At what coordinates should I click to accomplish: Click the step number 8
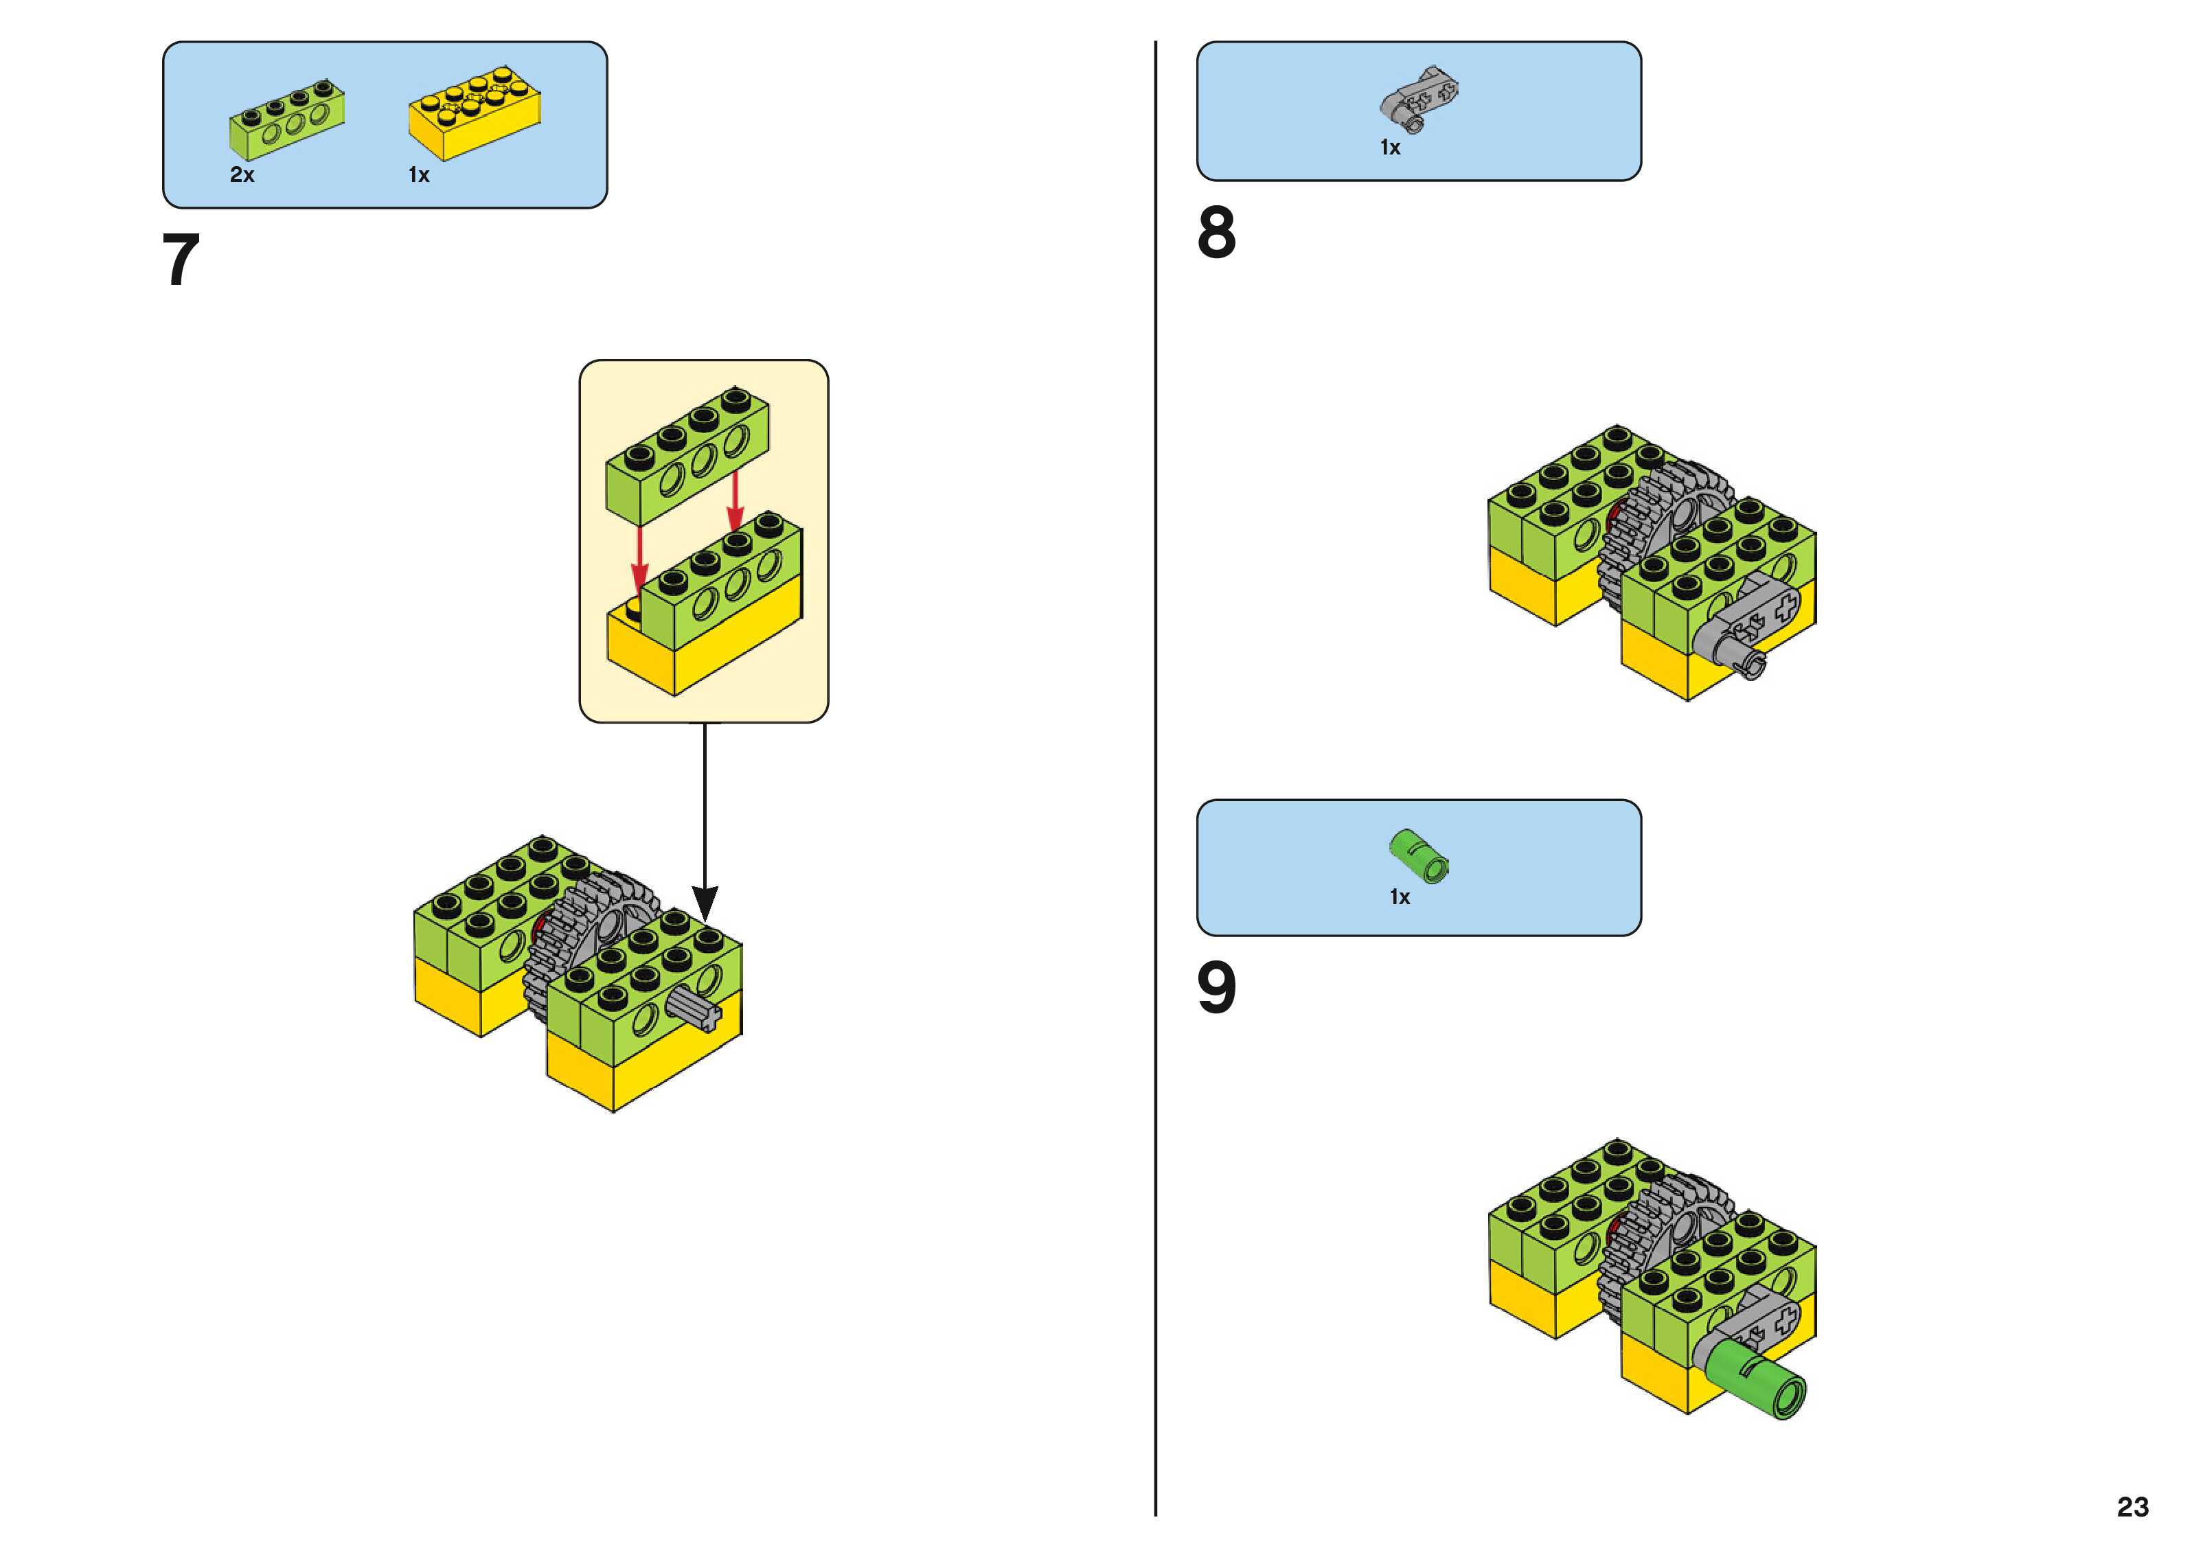point(1216,232)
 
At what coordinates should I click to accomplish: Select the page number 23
point(2132,1506)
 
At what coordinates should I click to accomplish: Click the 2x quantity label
point(242,174)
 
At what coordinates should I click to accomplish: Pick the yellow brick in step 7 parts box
point(475,114)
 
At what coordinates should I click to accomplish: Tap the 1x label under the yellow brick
point(419,174)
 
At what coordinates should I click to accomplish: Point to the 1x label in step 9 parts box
point(1400,897)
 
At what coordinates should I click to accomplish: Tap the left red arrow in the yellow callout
point(639,556)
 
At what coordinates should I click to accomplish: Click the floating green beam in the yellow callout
point(687,454)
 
